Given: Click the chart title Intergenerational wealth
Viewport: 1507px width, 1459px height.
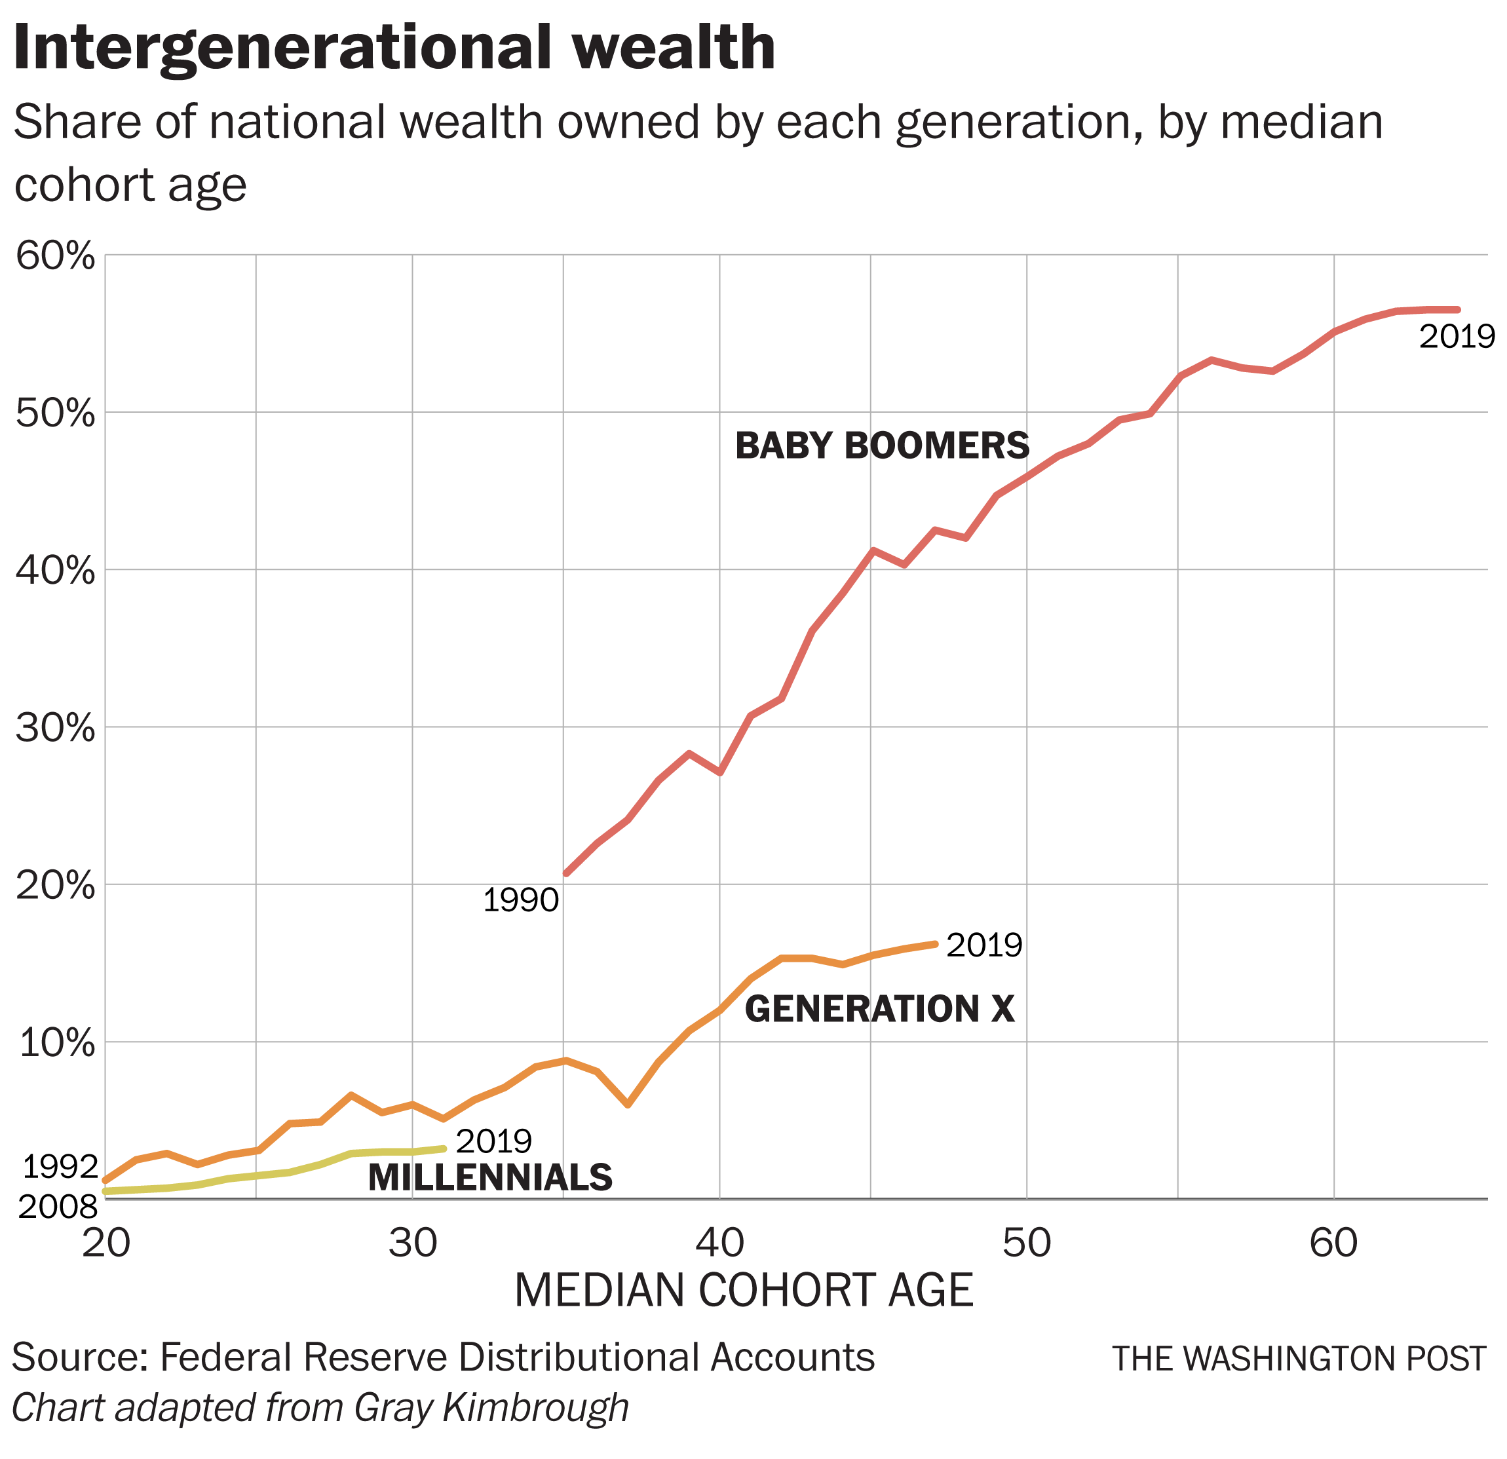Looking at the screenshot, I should click(394, 48).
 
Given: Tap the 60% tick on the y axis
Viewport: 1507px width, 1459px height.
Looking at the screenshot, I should click(55, 257).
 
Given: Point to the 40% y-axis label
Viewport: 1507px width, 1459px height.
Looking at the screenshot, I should click(55, 572).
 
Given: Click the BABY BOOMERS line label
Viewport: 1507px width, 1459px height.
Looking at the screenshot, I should click(882, 447).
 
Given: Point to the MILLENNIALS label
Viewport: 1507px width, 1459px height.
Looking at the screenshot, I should click(491, 1179).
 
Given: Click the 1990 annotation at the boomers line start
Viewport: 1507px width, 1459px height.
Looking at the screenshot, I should click(520, 900).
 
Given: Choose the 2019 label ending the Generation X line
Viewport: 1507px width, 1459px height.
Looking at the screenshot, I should click(984, 945).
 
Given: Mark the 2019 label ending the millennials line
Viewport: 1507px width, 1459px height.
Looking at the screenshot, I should click(493, 1141).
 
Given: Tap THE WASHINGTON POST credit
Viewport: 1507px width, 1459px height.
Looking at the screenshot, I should click(1299, 1359).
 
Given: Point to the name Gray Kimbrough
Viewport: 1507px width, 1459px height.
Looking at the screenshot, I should click(491, 1407).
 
